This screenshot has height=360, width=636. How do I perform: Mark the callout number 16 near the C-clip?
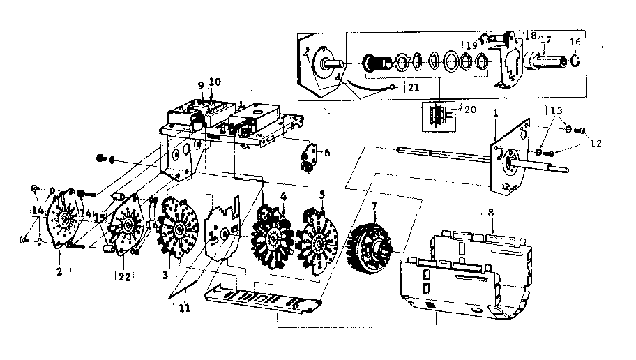pos(575,43)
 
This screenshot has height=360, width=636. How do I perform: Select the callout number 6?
pos(327,152)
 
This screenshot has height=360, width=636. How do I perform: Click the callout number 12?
pos(593,143)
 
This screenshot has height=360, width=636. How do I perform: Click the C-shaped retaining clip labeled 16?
pos(575,61)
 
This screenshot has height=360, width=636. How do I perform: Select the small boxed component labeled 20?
pos(437,116)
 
